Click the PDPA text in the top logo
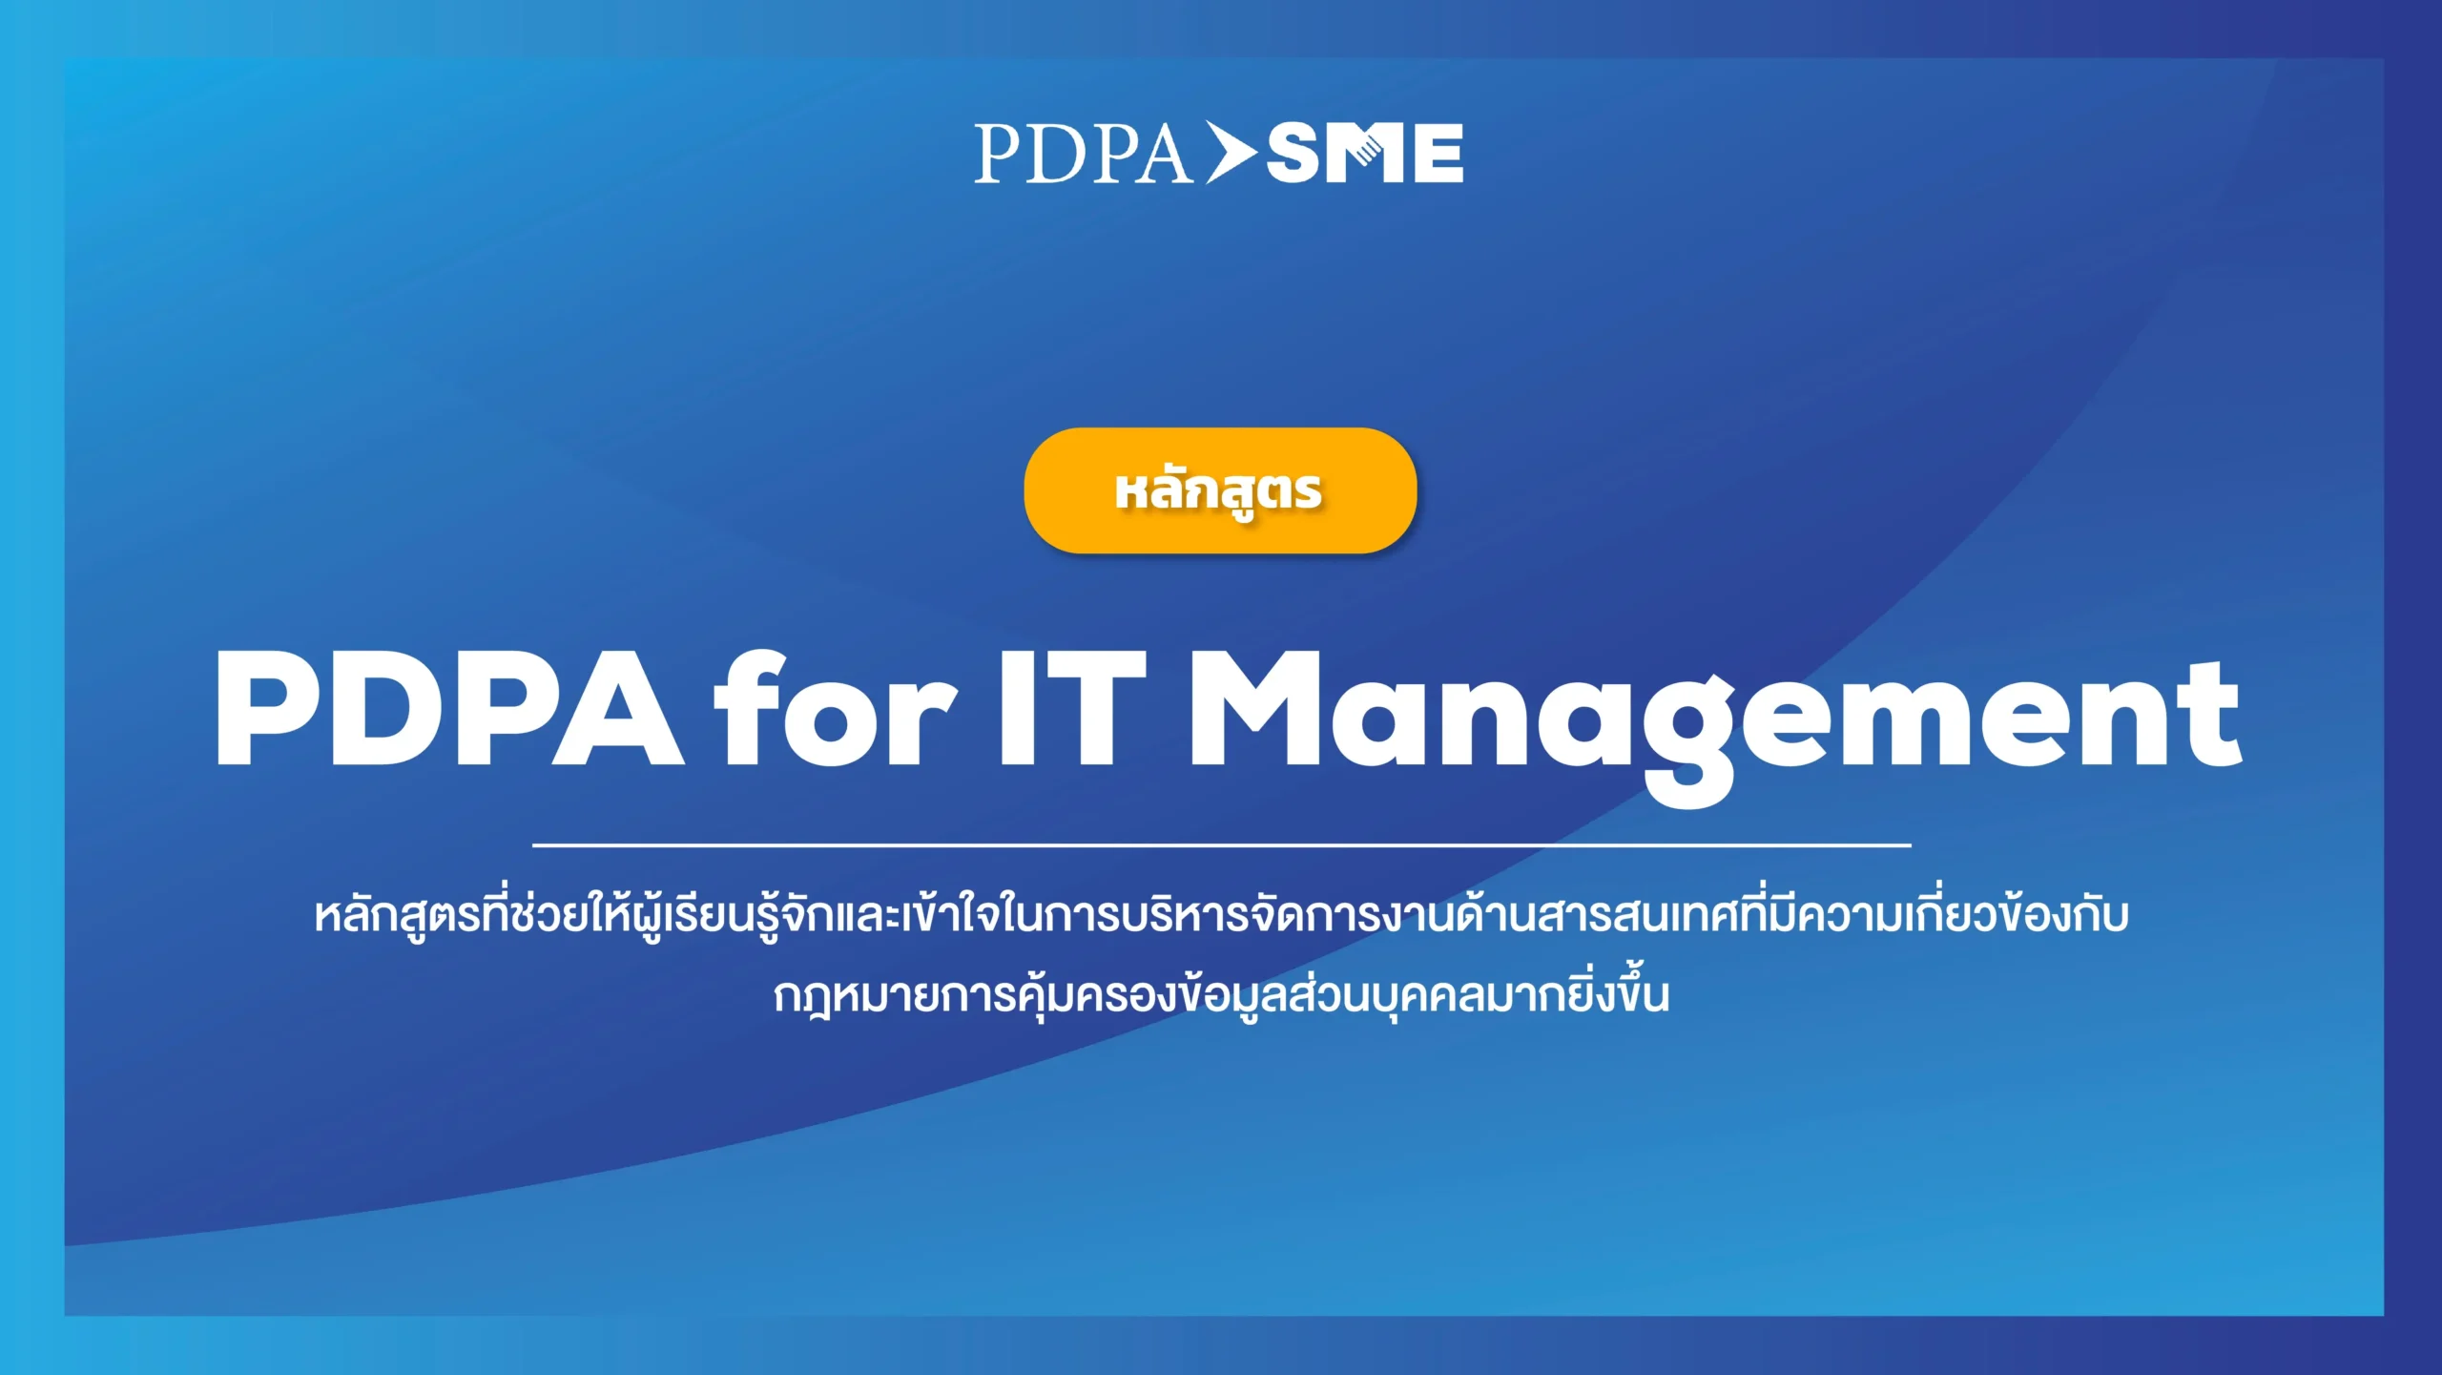(x=1083, y=153)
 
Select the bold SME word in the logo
(x=1365, y=153)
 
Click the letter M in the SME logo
(x=1366, y=153)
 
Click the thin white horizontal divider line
(x=1221, y=845)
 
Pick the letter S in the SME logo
(x=1296, y=153)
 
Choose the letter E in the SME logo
(x=1436, y=153)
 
